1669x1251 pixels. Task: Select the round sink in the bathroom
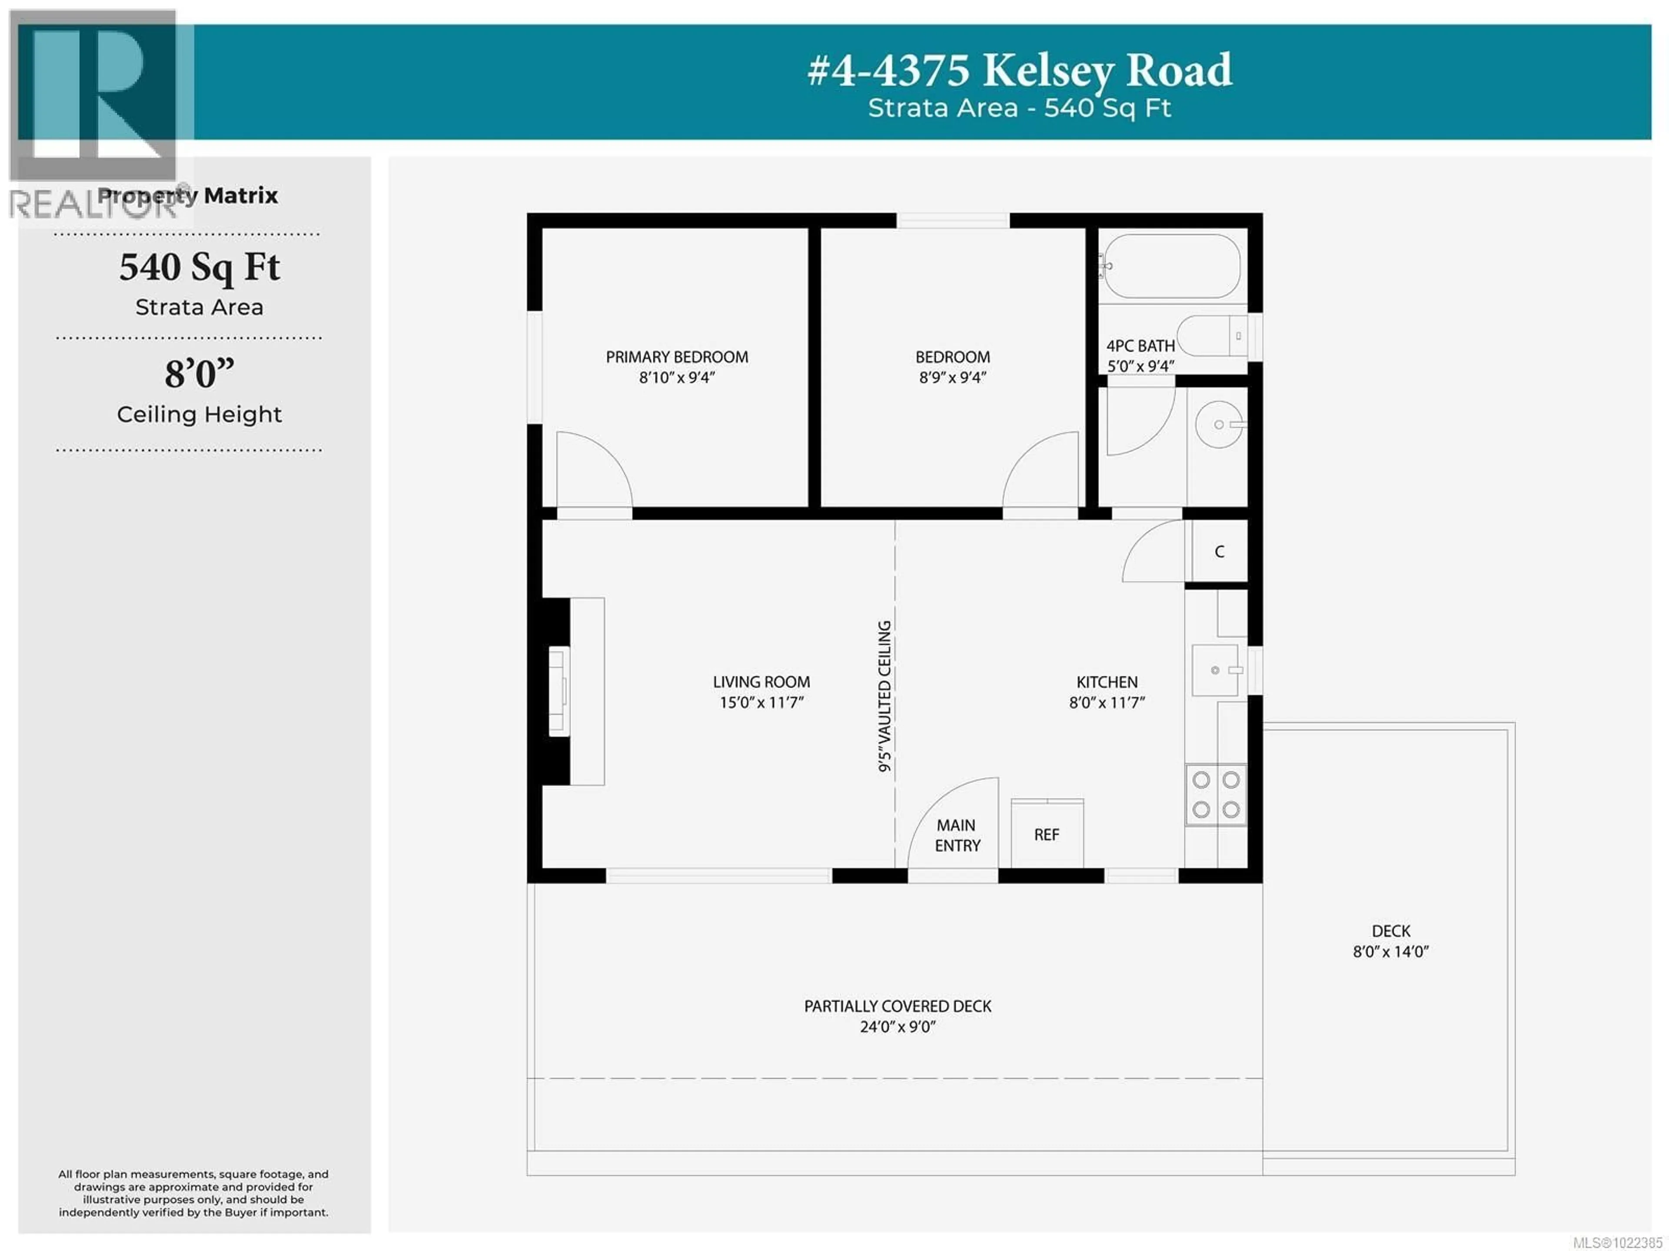(x=1219, y=425)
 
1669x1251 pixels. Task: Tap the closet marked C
(x=1219, y=552)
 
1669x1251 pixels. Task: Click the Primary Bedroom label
(x=677, y=357)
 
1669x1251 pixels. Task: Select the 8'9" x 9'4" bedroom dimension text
(x=952, y=377)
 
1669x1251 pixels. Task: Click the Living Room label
(x=761, y=681)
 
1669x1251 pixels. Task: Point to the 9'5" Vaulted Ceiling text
(x=884, y=695)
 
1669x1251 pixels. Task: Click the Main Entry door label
(x=957, y=835)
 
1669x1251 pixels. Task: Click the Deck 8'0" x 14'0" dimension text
(x=1390, y=952)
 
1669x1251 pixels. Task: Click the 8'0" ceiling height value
(x=199, y=373)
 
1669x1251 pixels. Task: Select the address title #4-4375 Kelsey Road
(x=1019, y=71)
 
